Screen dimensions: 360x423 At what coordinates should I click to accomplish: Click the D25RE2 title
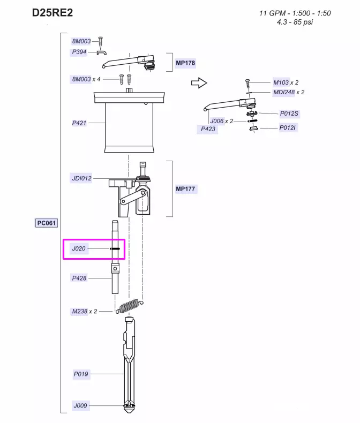point(52,13)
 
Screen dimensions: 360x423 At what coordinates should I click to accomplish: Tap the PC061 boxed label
point(47,223)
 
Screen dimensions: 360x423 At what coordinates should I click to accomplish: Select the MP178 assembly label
point(185,63)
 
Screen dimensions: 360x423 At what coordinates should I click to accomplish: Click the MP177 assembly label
point(185,189)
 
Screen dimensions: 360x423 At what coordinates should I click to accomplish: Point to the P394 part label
point(79,52)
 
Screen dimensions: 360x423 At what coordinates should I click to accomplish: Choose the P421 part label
point(79,123)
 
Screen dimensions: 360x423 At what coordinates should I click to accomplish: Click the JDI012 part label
point(81,178)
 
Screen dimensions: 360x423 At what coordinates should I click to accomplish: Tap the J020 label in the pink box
point(79,248)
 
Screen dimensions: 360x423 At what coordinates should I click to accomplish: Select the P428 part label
point(79,278)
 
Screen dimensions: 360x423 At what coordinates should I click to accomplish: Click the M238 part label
point(80,311)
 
